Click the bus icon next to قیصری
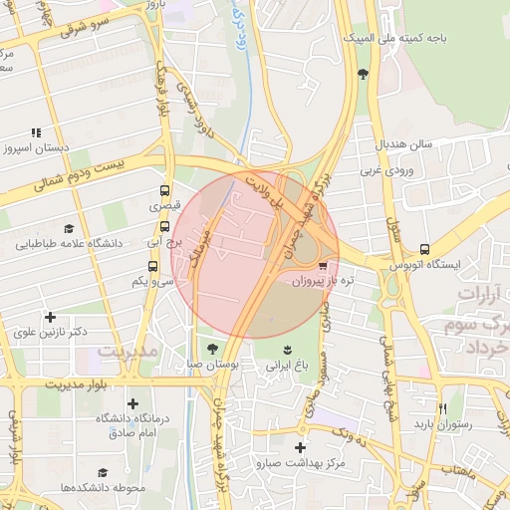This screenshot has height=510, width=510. click(165, 190)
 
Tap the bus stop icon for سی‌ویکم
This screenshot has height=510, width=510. click(153, 266)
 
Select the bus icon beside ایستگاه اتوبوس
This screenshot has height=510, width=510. click(425, 249)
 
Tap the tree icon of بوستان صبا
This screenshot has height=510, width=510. click(212, 349)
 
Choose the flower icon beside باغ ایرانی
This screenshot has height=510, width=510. click(288, 349)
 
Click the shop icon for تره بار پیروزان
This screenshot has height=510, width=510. click(322, 267)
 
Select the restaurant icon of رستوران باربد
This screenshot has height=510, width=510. click(443, 408)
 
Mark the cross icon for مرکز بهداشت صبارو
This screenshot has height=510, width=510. click(300, 447)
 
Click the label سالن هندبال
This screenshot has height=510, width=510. click(403, 144)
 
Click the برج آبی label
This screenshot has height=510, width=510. click(160, 241)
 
